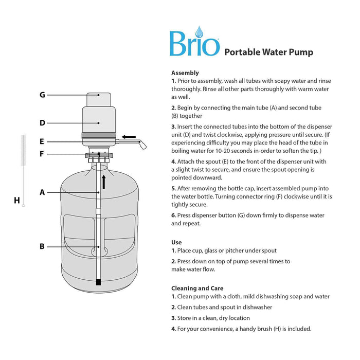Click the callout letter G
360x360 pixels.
click(42, 95)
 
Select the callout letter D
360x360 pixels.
click(42, 122)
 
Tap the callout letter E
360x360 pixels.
click(42, 141)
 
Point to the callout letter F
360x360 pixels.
click(42, 154)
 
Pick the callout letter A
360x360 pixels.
click(42, 192)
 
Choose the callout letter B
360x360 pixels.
click(42, 246)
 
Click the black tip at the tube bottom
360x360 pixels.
click(98, 282)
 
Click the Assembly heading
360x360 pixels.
click(185, 73)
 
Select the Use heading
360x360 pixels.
click(176, 242)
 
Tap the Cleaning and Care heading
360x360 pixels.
click(197, 288)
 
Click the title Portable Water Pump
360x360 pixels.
click(268, 51)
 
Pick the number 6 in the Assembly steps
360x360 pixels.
click(173, 215)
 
